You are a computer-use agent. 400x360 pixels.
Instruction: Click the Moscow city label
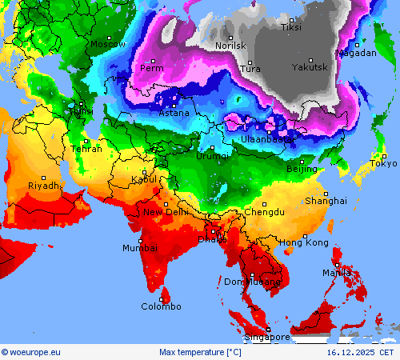[107, 45]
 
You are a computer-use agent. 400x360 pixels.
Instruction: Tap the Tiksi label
[291, 27]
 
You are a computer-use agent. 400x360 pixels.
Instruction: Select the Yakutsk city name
[310, 67]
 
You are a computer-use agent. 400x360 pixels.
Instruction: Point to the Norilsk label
[231, 46]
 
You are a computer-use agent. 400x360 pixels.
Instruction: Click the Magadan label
[356, 53]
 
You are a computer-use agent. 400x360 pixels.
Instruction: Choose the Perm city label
[151, 68]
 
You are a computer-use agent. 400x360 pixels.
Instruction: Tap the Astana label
[174, 113]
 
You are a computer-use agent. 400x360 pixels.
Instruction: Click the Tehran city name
[86, 149]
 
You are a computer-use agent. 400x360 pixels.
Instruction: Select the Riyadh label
[43, 186]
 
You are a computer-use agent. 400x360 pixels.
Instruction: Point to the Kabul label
[144, 180]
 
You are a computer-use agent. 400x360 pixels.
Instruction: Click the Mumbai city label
[139, 249]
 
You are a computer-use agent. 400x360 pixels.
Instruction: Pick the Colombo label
[161, 306]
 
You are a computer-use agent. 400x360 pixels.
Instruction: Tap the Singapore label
[268, 337]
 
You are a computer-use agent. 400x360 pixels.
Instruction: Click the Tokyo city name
[383, 164]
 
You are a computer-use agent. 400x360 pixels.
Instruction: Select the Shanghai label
[325, 201]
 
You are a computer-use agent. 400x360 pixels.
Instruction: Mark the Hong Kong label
[303, 242]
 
